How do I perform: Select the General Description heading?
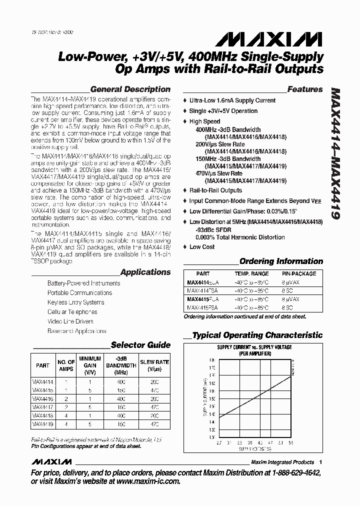pyautogui.click(x=130, y=89)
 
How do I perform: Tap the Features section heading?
pyautogui.click(x=305, y=89)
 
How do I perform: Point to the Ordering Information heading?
pyautogui.click(x=281, y=261)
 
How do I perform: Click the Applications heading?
pyautogui.click(x=145, y=272)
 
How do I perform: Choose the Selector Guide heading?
pyautogui.click(x=140, y=345)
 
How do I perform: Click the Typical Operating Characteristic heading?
pyautogui.click(x=257, y=335)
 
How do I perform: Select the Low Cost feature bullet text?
pyautogui.click(x=202, y=247)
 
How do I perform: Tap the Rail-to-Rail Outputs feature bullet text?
pyautogui.click(x=215, y=190)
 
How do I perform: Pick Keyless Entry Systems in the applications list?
pyautogui.click(x=75, y=302)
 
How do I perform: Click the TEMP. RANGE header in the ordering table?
pyautogui.click(x=251, y=274)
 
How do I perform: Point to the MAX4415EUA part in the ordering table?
pyautogui.click(x=203, y=299)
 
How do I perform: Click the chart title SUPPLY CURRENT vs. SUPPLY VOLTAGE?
pyautogui.click(x=254, y=347)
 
